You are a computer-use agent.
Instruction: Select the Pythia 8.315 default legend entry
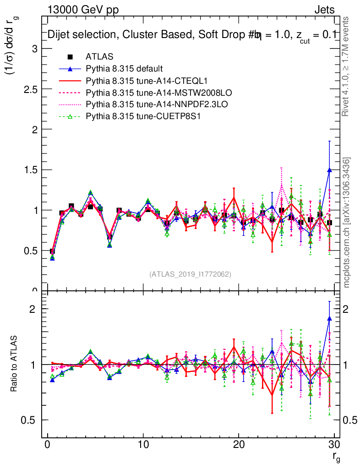(x=124, y=69)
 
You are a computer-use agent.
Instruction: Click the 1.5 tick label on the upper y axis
(x=31, y=170)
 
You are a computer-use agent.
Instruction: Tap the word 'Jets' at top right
(x=324, y=10)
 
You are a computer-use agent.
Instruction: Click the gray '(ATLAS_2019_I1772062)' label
(x=190, y=274)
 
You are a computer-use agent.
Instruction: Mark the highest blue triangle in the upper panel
(x=329, y=170)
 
